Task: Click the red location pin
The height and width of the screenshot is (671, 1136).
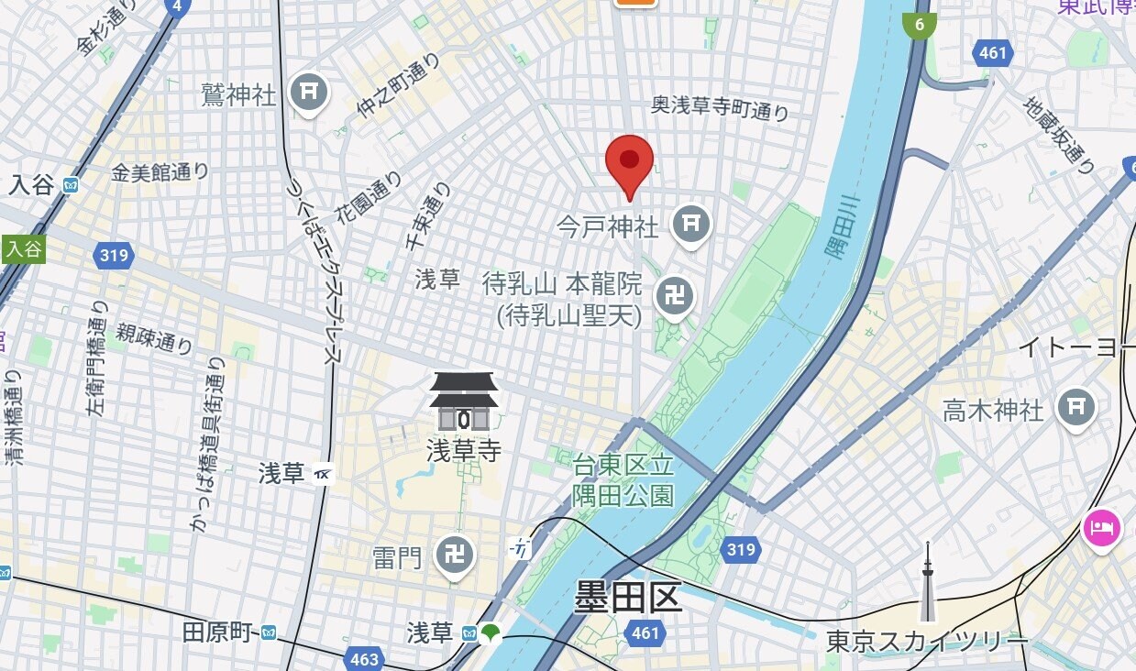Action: (629, 162)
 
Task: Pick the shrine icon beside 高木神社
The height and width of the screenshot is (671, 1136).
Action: (1075, 407)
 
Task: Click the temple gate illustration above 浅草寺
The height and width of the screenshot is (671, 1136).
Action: (464, 402)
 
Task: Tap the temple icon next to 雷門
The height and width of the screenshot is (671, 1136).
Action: (455, 555)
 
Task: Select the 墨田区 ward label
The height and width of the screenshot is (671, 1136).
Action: (628, 598)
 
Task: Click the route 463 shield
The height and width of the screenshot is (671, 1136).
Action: (364, 659)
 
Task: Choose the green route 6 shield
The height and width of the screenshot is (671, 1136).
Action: (919, 25)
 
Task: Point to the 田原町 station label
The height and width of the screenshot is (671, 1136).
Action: (217, 632)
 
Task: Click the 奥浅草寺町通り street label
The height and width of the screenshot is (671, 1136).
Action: (720, 108)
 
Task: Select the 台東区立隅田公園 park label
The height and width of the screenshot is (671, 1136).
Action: (623, 480)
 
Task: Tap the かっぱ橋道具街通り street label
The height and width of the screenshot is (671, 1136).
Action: (208, 445)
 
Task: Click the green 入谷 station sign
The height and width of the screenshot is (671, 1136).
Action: (23, 249)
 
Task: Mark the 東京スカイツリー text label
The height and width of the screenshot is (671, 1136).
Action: (926, 640)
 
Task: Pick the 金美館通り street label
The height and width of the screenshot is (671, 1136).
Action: (160, 171)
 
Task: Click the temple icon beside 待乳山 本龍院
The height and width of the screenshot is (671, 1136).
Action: (674, 296)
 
